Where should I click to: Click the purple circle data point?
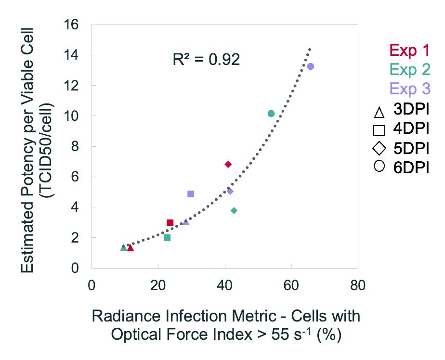click(311, 66)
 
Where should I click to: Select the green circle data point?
click(271, 114)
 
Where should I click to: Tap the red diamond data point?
click(228, 165)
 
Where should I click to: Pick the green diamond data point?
click(234, 211)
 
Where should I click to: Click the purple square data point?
click(191, 194)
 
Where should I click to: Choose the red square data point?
click(170, 223)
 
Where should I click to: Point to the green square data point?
click(167, 238)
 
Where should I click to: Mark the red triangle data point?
click(130, 248)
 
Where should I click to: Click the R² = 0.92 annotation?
click(206, 60)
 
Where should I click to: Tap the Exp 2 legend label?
click(409, 70)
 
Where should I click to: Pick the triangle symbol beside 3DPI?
click(379, 113)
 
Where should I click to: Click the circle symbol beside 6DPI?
click(379, 167)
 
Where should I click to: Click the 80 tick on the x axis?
click(357, 285)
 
